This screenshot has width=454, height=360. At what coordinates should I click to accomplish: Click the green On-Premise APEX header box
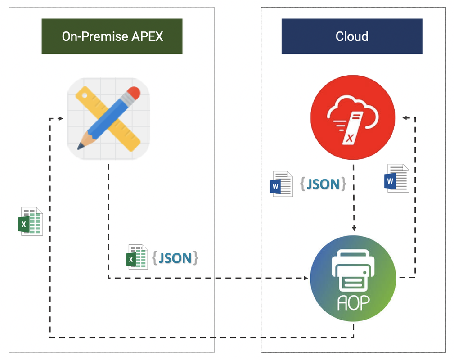pos(112,36)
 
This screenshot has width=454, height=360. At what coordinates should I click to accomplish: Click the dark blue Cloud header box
pos(351,36)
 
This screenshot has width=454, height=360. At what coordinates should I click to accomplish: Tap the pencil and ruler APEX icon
pos(108,119)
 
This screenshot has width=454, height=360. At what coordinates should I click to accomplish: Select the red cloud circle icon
pos(353,118)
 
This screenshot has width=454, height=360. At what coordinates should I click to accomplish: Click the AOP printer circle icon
pos(353,278)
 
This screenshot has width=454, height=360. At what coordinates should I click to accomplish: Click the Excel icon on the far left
pos(30,221)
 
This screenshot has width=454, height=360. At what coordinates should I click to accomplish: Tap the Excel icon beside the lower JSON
pos(136,257)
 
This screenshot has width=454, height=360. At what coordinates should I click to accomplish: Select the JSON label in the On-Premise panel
pos(175,258)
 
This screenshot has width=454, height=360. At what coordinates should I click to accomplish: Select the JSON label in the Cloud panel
pos(323,184)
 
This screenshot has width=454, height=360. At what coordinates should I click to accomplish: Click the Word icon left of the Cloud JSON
pos(281,184)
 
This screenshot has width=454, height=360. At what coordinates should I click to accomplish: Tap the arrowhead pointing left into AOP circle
pos(305,278)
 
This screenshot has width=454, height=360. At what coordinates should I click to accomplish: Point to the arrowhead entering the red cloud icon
pos(405,118)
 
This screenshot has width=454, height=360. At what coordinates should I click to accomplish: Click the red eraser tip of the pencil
pos(133,94)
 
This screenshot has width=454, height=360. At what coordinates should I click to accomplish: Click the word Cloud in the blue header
pos(351,36)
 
